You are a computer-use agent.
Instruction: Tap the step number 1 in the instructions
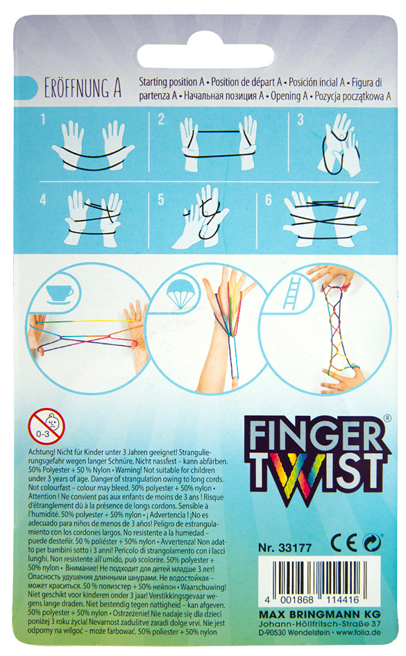tap(43, 121)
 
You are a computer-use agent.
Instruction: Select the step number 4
tap(43, 199)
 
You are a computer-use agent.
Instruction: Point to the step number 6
tap(269, 199)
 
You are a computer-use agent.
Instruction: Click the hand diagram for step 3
tap(339, 144)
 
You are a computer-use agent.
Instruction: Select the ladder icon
tap(293, 295)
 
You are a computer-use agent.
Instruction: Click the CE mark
tap(344, 543)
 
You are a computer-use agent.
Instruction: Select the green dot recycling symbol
tap(372, 543)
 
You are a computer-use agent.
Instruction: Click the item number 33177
tap(295, 548)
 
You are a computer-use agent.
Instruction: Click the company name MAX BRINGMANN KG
tap(320, 614)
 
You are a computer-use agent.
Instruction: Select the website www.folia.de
tap(358, 632)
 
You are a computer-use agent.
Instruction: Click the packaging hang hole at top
tap(205, 55)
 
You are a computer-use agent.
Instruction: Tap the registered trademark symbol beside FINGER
tap(387, 418)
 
